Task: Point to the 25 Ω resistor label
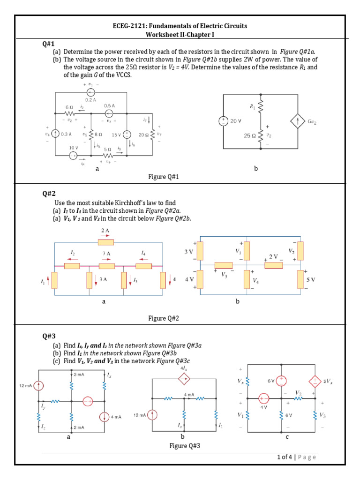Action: [x=249, y=136]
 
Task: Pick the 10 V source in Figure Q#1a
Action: [x=74, y=156]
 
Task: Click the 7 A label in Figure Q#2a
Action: [x=106, y=254]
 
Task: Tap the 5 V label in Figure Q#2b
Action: [x=311, y=279]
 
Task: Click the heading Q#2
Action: [x=49, y=193]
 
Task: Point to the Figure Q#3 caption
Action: [x=184, y=445]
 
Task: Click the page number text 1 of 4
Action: [x=284, y=457]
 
